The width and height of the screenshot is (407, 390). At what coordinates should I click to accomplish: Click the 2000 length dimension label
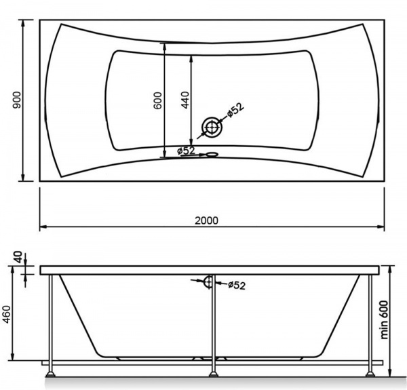(206, 220)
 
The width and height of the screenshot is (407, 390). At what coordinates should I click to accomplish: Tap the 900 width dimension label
(17, 100)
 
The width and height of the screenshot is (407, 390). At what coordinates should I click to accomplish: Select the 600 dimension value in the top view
(158, 100)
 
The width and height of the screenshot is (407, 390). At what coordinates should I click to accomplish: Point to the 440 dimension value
(185, 100)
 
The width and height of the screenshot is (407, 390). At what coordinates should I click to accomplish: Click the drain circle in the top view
(212, 127)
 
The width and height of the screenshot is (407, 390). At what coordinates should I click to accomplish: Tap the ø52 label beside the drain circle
(235, 110)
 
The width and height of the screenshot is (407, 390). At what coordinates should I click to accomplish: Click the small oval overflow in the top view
(212, 155)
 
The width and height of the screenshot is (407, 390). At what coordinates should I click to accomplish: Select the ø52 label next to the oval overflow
(186, 151)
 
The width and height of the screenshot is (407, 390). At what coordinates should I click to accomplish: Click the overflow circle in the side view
(208, 282)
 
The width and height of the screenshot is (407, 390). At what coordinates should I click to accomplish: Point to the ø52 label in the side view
(237, 285)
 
